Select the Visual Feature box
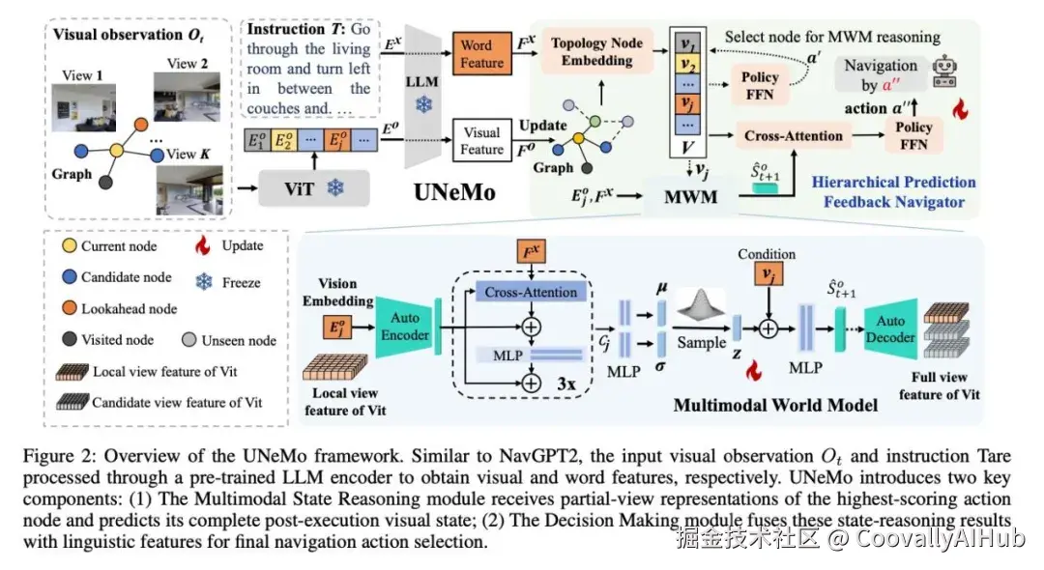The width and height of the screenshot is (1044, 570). [481, 140]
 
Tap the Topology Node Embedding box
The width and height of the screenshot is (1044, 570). [596, 51]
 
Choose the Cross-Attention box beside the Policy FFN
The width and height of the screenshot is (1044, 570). [794, 136]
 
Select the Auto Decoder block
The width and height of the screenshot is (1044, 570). [889, 328]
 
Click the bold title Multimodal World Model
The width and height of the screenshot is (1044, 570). [775, 405]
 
